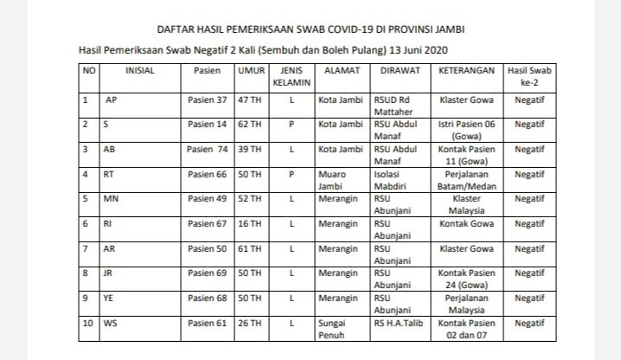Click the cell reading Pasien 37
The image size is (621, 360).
point(208,100)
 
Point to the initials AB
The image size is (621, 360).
point(110,149)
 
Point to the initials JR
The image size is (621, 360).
point(110,273)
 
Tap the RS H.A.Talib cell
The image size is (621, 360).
point(399,322)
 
